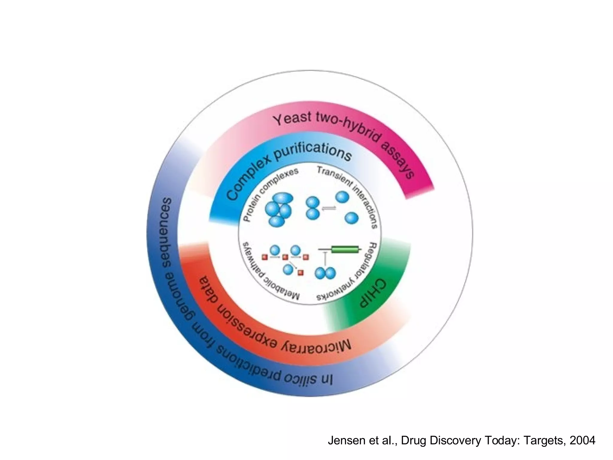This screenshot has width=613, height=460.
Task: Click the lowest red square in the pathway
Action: [301, 273]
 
